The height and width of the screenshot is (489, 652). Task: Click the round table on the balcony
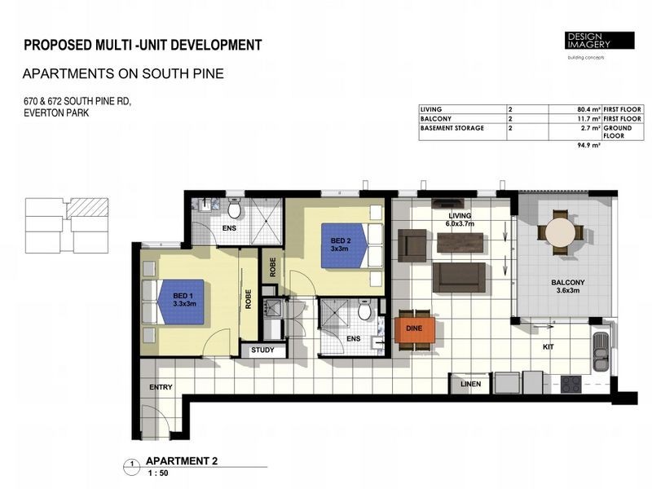(560, 231)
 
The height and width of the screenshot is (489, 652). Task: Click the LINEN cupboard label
(471, 383)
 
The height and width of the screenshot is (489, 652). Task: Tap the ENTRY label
(161, 387)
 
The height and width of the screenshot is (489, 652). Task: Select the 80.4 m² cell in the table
(584, 108)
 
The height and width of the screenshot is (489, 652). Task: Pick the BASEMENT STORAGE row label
(452, 128)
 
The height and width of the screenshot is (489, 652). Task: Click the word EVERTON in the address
(43, 113)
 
